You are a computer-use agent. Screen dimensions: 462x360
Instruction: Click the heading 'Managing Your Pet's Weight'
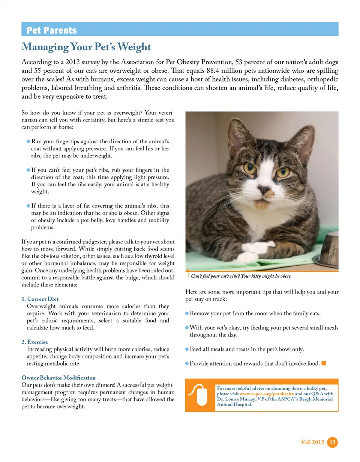(x=86, y=47)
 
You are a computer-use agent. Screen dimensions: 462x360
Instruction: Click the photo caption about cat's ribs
(x=241, y=276)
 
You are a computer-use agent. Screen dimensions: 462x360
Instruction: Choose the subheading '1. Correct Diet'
(x=40, y=299)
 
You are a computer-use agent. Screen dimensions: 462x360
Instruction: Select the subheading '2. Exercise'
(x=35, y=342)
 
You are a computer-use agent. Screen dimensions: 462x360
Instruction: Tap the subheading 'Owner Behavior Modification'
(x=58, y=378)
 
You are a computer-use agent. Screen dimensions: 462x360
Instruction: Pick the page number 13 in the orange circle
(x=332, y=442)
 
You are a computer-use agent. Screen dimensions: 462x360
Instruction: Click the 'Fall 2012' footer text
(x=313, y=443)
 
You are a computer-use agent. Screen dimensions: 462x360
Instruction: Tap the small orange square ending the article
(x=324, y=363)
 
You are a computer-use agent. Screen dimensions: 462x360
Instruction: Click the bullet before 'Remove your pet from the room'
(x=187, y=313)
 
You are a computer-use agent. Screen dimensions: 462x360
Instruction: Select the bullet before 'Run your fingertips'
(x=28, y=142)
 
